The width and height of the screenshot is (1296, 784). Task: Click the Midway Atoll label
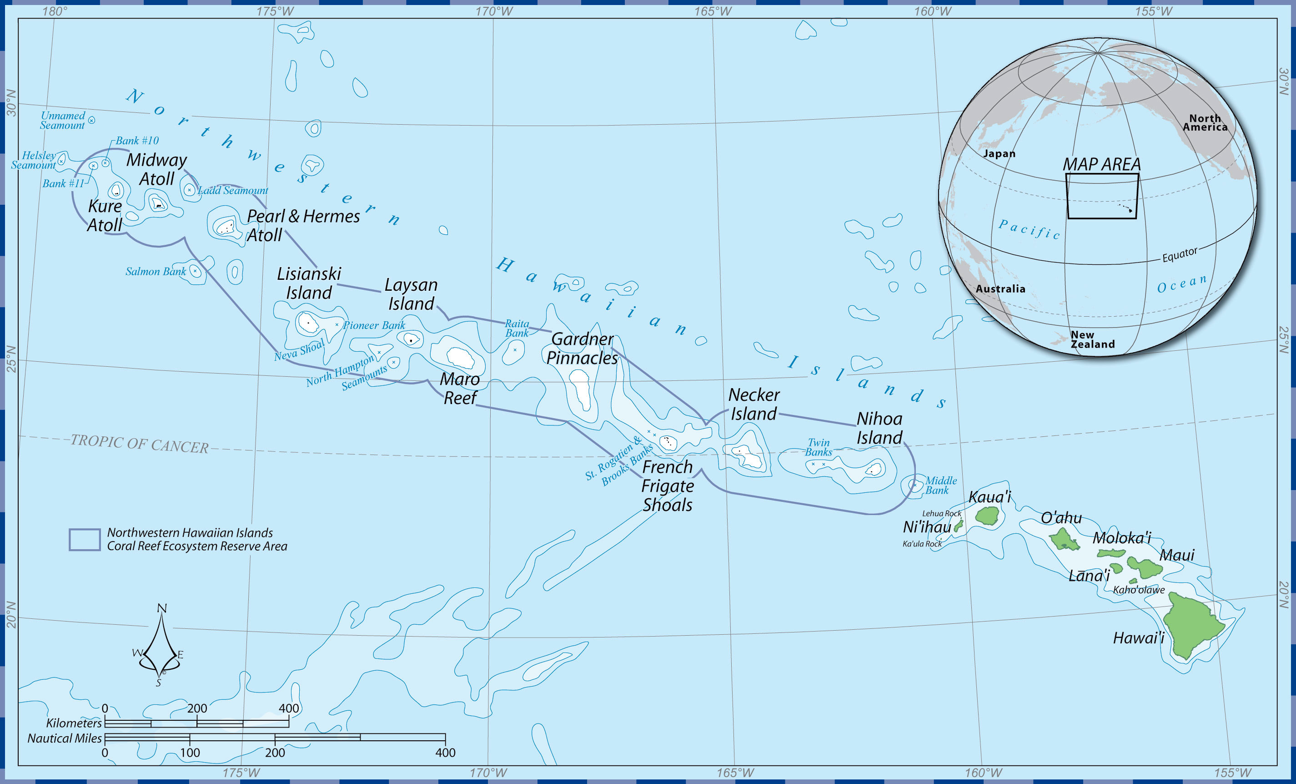pos(156,169)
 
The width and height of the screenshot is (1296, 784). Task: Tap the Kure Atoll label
pos(105,215)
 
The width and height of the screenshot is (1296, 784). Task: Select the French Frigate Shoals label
pos(667,485)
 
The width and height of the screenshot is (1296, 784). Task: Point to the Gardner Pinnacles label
pos(582,349)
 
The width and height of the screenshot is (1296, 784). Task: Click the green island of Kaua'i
pos(987,516)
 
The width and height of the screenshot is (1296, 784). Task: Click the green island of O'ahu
pos(1064,540)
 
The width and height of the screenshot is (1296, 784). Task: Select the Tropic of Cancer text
pos(140,443)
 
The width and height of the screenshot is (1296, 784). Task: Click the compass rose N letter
pos(162,608)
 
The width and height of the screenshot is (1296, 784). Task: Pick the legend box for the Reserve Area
pos(85,540)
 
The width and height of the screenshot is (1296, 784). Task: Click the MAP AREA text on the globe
pos(1101,164)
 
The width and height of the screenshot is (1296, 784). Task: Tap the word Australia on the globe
pos(1000,288)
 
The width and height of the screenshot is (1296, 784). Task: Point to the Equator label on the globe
pos(1179,255)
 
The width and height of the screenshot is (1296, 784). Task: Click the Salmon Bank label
pos(155,272)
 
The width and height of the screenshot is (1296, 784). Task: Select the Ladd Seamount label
pos(232,191)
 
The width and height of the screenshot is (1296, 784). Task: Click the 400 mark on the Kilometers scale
pos(289,708)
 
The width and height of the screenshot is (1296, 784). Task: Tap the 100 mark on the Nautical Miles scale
pos(190,753)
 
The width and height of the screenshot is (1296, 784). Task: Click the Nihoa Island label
pos(879,428)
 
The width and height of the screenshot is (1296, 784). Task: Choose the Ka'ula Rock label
pos(922,544)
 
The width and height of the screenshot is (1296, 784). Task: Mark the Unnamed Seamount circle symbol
pos(91,120)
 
